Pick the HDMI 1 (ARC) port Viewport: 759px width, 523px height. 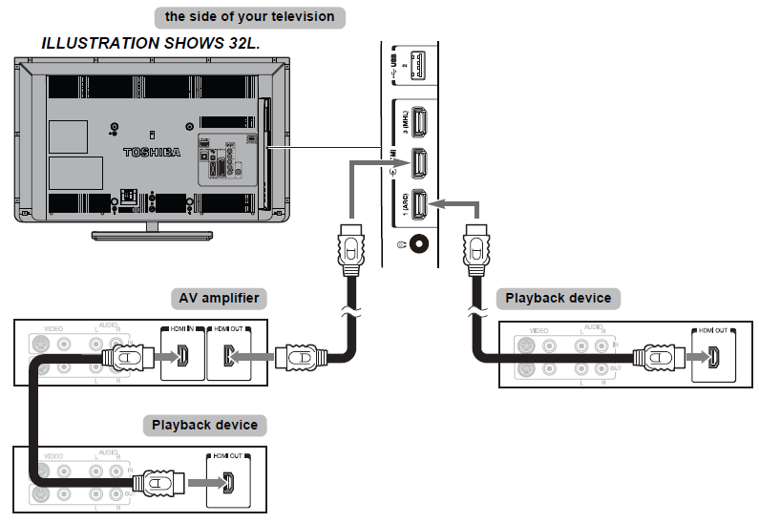pyautogui.click(x=417, y=204)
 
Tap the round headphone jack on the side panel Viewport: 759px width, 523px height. pyautogui.click(x=416, y=243)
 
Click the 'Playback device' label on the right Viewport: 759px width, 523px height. pyautogui.click(x=559, y=299)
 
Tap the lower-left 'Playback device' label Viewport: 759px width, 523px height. pyautogui.click(x=204, y=424)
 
